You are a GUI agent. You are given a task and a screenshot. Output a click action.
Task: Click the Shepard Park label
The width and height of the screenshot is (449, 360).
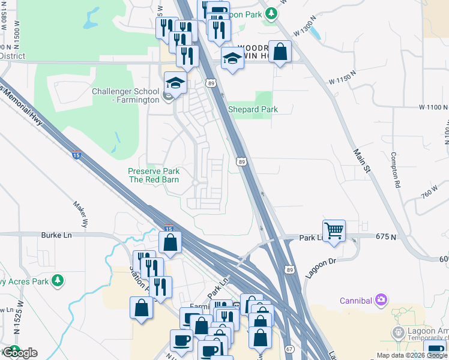point(253,109)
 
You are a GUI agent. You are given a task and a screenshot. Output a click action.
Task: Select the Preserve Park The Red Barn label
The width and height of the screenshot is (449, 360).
point(154,175)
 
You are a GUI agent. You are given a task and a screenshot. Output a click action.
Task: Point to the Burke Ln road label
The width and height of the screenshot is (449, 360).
point(56,235)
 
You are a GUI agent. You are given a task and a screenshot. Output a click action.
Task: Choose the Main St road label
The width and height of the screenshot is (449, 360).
point(362,162)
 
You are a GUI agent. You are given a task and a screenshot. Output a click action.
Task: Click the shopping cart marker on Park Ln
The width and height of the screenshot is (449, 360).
point(334,230)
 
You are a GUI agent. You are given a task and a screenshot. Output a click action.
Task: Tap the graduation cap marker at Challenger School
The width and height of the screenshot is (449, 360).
point(175,83)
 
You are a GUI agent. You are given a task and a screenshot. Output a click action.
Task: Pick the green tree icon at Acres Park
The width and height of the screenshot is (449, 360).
point(58,280)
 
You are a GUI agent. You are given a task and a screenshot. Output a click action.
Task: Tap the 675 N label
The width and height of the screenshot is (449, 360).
point(385,238)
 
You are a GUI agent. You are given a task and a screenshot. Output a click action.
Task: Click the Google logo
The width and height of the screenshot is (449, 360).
point(20,352)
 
